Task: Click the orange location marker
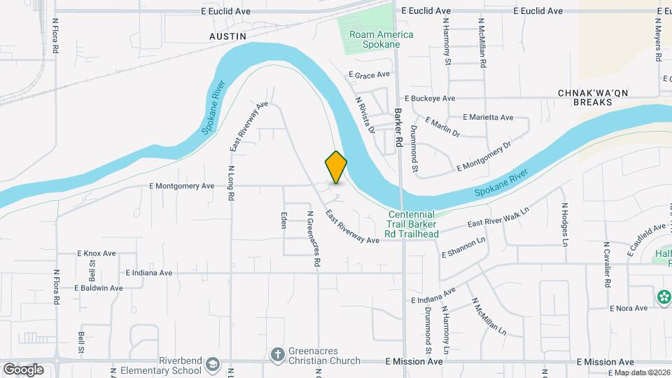tap(336, 167)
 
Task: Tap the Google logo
tap(23, 370)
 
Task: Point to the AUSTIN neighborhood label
tap(227, 35)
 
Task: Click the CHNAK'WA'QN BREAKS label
tap(585, 97)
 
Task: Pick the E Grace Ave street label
tap(368, 74)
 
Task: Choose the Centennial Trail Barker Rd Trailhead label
tap(412, 224)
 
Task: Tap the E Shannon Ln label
tap(463, 248)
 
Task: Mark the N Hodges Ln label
tap(564, 225)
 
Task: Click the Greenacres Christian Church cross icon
tap(277, 353)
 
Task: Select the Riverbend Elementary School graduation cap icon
tap(213, 365)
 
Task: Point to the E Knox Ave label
tap(96, 253)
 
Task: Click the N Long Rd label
tap(230, 183)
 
